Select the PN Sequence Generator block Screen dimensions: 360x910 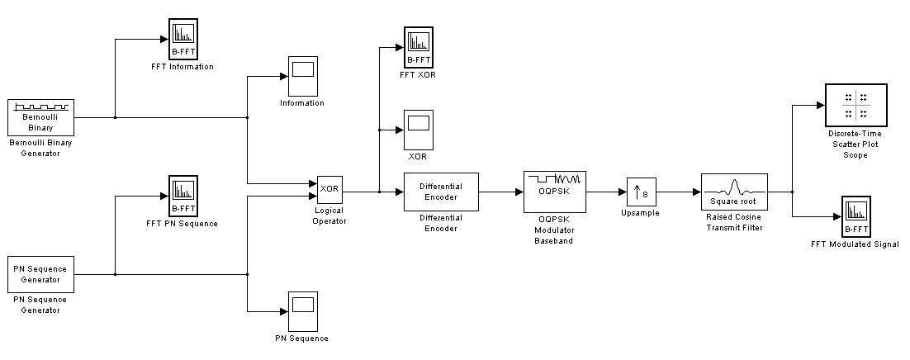[x=40, y=274]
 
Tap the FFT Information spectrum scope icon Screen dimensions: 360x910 [x=182, y=39]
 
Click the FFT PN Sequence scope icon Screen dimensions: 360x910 [x=182, y=196]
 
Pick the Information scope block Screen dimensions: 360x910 [x=302, y=76]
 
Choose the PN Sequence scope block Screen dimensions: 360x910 [x=302, y=311]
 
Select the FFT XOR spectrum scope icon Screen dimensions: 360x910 [x=419, y=47]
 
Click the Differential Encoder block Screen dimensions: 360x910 [x=441, y=192]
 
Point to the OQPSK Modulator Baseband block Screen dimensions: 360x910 [x=554, y=192]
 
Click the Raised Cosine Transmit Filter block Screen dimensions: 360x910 [x=734, y=192]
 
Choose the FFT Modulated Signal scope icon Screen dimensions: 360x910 [x=855, y=216]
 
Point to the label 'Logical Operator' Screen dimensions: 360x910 [x=329, y=216]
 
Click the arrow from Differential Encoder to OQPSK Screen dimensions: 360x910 [x=501, y=192]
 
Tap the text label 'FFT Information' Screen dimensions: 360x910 [x=182, y=67]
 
